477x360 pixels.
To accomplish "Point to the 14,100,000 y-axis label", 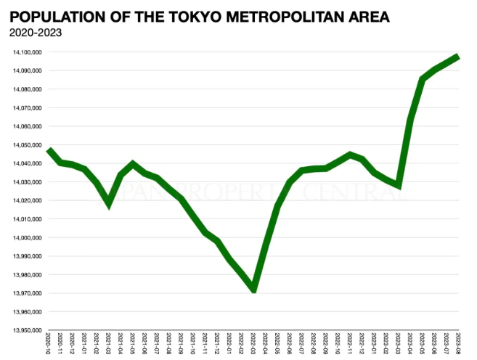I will (27, 52).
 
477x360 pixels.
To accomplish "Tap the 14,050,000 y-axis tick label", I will (27, 145).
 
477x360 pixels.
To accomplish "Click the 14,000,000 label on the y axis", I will (27, 237).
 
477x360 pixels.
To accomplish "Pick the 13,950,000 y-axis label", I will (27, 330).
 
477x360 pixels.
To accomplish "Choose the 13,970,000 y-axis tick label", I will (27, 293).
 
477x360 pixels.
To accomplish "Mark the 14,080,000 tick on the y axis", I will (27, 89).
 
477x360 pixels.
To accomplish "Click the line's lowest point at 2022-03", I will (253, 290).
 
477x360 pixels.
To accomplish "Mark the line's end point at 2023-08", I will (458, 57).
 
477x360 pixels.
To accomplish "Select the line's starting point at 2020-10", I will (49, 150).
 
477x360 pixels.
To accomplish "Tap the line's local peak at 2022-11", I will (350, 155).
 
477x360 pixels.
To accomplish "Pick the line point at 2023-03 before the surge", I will (398, 186).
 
